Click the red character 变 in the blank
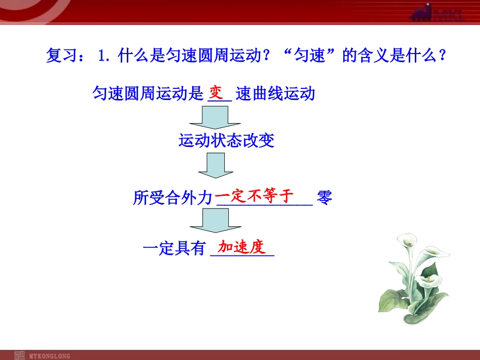[216, 93]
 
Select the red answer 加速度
[242, 247]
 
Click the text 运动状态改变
[226, 140]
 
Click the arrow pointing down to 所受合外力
[215, 167]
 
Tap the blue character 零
[325, 197]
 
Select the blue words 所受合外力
[172, 198]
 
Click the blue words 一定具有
[174, 248]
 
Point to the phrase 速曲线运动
[275, 94]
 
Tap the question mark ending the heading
[443, 55]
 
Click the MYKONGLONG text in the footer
[50, 355]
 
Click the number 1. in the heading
[103, 55]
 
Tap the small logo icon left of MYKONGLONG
[19, 355]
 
